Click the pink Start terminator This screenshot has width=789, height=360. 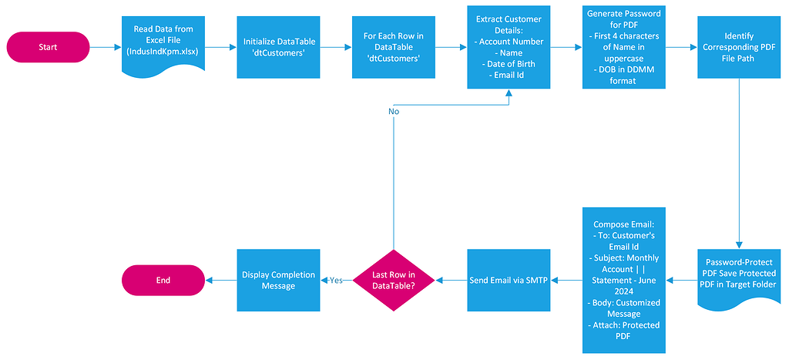[48, 47]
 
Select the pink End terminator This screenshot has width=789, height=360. [163, 280]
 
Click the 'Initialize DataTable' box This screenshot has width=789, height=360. [278, 47]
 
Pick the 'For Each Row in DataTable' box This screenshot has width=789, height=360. [393, 47]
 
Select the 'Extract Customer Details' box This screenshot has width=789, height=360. [509, 47]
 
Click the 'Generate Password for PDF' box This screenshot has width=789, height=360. [623, 47]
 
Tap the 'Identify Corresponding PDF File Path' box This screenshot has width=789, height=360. [739, 47]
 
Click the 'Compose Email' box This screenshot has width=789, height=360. [623, 280]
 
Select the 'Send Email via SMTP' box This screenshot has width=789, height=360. [509, 280]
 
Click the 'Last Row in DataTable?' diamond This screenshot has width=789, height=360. [393, 280]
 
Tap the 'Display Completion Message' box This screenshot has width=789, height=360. [278, 280]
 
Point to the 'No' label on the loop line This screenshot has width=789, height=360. [394, 111]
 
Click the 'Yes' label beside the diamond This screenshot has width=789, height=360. [336, 280]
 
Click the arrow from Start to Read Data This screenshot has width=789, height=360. [105, 47]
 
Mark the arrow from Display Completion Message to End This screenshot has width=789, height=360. [220, 280]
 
